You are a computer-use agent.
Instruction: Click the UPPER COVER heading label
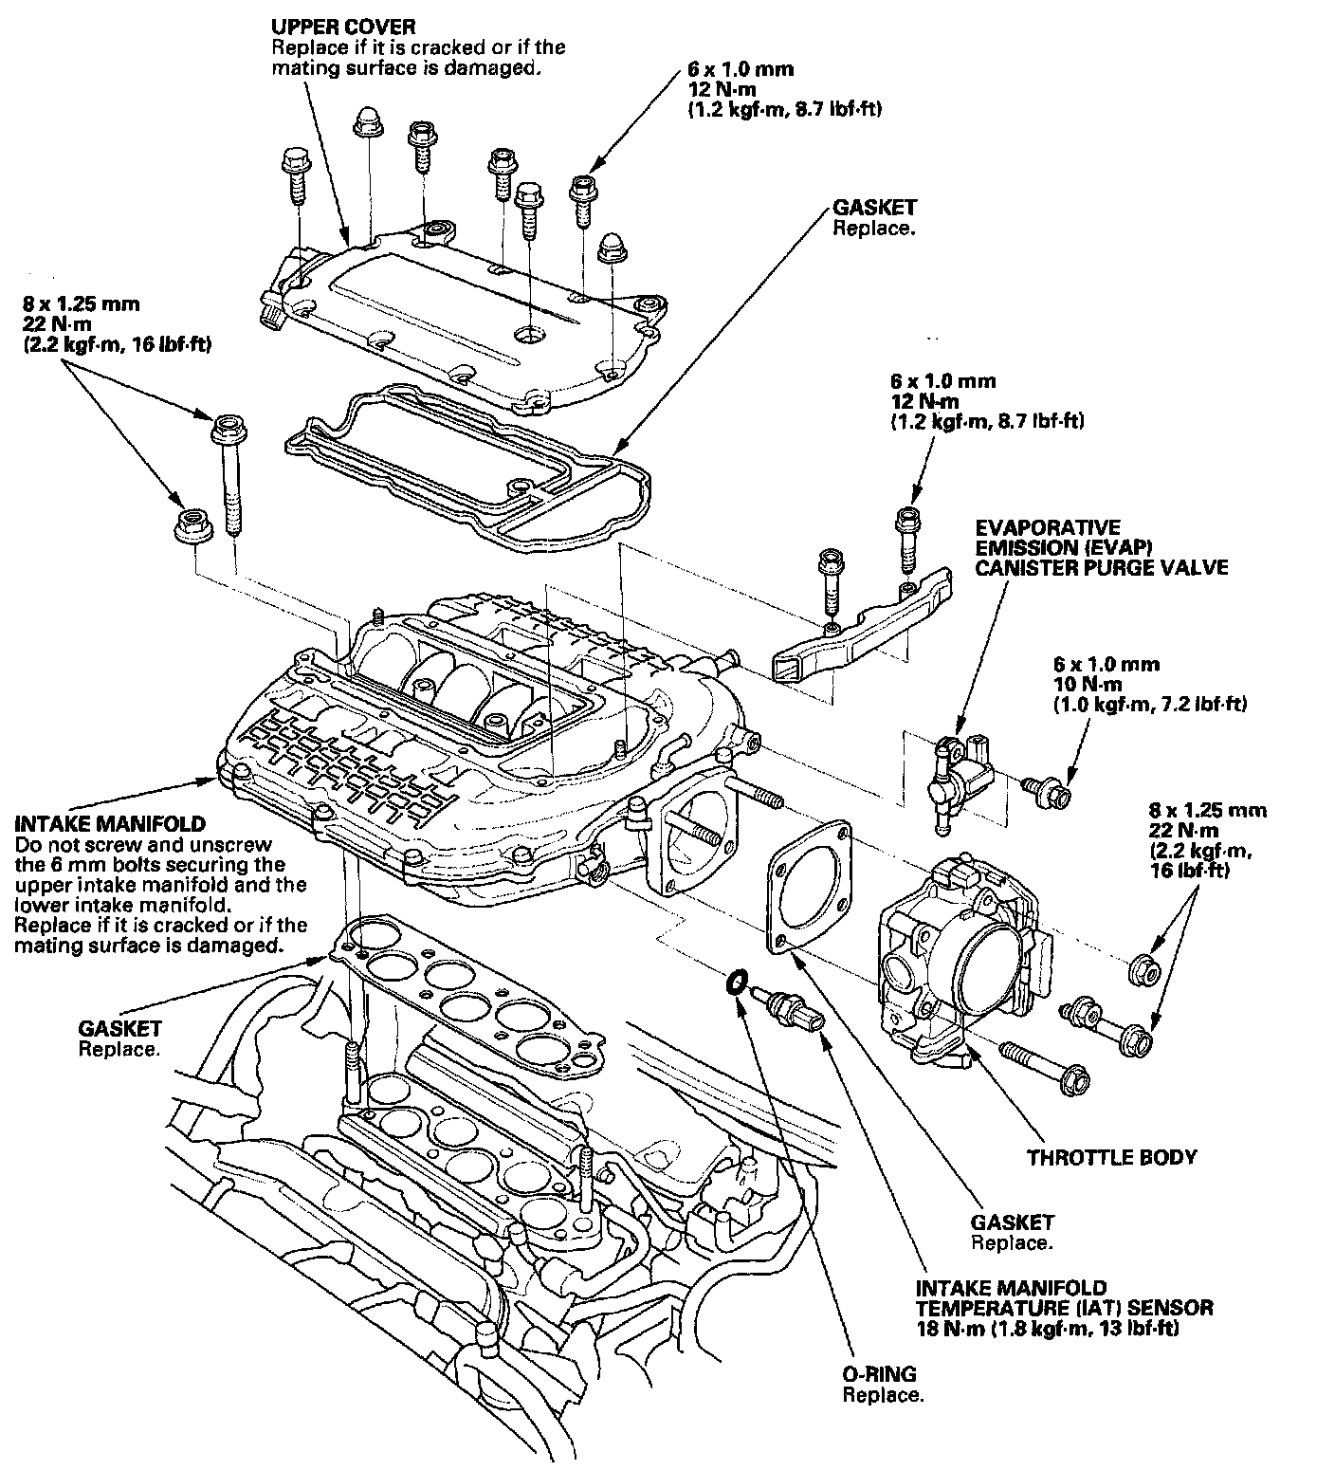pos(342,27)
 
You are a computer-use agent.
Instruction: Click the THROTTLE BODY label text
pos(1111,1157)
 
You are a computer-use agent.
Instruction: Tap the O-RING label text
pos(879,1375)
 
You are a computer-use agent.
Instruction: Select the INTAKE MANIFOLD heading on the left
pos(111,824)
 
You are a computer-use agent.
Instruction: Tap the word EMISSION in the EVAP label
pos(1022,547)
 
